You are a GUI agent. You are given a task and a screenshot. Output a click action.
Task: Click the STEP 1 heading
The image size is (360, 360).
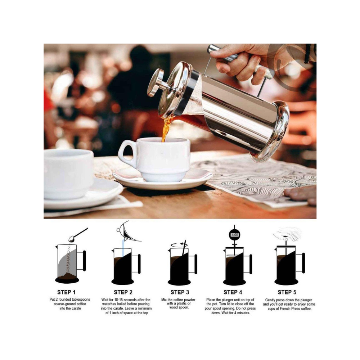tap(66, 292)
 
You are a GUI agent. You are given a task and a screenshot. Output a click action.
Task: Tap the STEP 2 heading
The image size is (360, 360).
tap(123, 292)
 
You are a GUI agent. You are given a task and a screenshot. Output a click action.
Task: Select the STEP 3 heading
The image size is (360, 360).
tap(180, 292)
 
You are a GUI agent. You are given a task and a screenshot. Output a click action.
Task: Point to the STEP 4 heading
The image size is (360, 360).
tap(233, 292)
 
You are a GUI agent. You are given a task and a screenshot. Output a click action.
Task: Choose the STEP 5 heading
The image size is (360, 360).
tap(287, 292)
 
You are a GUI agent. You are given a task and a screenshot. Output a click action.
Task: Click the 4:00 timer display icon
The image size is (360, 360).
tap(234, 235)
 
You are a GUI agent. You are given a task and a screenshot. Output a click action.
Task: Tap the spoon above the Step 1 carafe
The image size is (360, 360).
tap(78, 235)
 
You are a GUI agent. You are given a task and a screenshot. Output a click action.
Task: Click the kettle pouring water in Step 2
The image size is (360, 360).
tap(129, 231)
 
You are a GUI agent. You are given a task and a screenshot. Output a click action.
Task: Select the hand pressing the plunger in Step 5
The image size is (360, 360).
tap(287, 234)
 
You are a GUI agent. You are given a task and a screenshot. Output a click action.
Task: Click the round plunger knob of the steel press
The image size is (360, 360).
tap(156, 82)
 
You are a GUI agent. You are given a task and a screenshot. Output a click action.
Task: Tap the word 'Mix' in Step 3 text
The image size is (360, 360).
tap(164, 300)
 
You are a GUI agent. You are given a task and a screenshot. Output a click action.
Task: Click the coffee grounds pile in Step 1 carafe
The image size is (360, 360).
tap(67, 276)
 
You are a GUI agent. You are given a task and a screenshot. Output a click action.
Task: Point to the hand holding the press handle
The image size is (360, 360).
tap(241, 61)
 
